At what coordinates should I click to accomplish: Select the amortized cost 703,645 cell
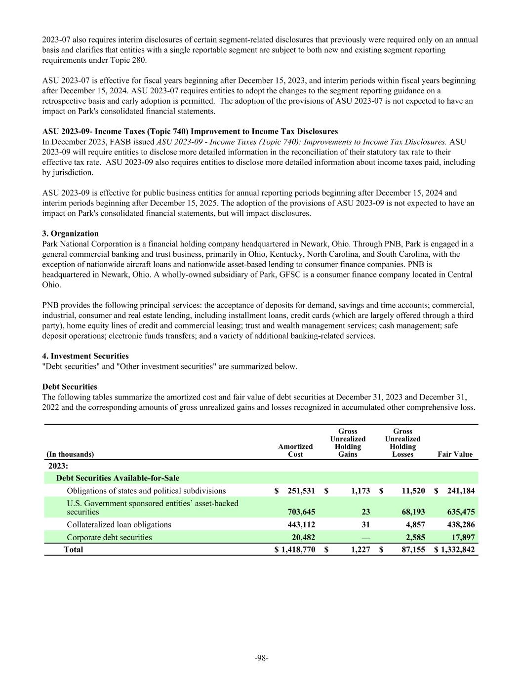299,512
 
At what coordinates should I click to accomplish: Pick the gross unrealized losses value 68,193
409,512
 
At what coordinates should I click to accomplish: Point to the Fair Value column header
455,454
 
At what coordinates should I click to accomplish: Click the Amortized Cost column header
295,450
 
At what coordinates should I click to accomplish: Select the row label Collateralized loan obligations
119,524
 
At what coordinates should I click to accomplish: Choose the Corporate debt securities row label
109,537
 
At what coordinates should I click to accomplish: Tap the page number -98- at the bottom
261,658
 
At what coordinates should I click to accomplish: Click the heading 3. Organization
71,234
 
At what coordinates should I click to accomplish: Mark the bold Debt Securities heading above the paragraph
70,387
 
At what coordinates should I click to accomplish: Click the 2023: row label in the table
58,466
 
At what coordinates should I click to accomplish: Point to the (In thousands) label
70,454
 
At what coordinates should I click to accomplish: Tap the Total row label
73,550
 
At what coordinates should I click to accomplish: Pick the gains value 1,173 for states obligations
361,491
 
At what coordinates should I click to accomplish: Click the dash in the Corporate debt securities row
366,537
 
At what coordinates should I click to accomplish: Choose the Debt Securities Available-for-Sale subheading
118,478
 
